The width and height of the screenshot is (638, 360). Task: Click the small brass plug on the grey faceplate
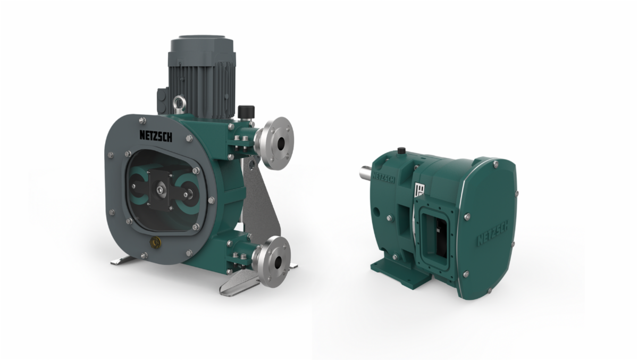(156, 241)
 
